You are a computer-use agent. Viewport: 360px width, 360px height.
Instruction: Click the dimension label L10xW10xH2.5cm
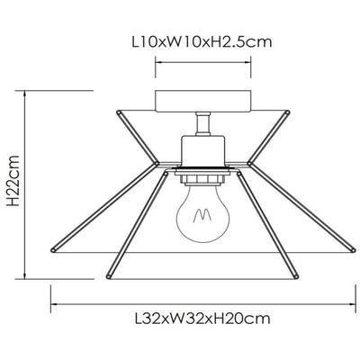click(202, 41)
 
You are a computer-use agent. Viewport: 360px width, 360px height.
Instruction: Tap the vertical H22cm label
click(13, 181)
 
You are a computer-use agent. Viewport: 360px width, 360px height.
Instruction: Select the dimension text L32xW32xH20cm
click(202, 319)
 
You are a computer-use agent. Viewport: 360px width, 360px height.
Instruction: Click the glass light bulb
click(202, 213)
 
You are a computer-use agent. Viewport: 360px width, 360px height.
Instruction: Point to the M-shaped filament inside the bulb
click(202, 215)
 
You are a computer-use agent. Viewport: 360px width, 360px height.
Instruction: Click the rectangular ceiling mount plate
click(202, 102)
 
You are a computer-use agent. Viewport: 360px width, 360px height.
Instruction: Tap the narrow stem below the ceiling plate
click(202, 123)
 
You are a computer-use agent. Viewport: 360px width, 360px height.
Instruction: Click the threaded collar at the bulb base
click(202, 179)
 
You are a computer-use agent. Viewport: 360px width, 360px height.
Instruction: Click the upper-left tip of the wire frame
click(119, 112)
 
